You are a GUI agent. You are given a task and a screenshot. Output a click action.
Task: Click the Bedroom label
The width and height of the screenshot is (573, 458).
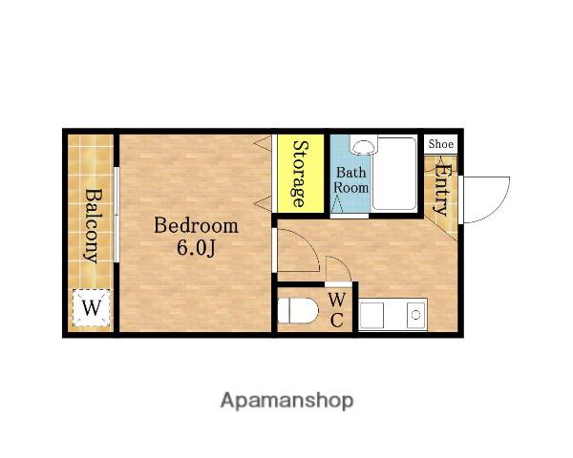click(196, 226)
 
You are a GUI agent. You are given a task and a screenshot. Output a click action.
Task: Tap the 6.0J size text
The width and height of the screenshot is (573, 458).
click(196, 248)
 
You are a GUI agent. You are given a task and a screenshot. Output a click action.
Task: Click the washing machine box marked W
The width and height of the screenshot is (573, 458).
click(91, 307)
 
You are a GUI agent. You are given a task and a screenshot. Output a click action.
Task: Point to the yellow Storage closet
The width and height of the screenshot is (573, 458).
click(301, 174)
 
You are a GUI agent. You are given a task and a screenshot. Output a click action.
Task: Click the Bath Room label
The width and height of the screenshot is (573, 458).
click(350, 179)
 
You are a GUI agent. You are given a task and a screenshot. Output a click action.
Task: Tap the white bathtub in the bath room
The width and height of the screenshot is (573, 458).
click(394, 174)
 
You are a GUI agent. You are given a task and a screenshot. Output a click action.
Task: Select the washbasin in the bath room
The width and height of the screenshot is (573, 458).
click(362, 146)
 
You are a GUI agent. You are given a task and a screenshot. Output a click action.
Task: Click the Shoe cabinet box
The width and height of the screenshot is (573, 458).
click(440, 144)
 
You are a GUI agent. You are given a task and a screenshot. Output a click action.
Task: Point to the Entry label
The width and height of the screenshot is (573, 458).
click(441, 190)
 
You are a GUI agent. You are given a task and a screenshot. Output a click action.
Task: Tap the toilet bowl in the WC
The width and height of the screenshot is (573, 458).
click(298, 311)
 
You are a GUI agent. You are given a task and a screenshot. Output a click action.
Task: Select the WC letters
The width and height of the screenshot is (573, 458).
click(336, 310)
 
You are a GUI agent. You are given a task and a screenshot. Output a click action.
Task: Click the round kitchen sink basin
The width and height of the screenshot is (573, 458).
click(415, 315)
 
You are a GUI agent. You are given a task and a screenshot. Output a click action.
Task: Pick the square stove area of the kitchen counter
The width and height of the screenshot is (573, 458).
click(371, 315)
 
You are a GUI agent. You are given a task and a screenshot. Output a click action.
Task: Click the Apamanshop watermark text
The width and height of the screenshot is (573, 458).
click(286, 401)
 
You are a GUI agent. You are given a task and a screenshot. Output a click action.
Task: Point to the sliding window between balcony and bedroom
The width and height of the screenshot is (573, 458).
click(117, 215)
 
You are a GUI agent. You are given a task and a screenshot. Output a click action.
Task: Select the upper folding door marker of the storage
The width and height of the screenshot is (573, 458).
click(264, 142)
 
